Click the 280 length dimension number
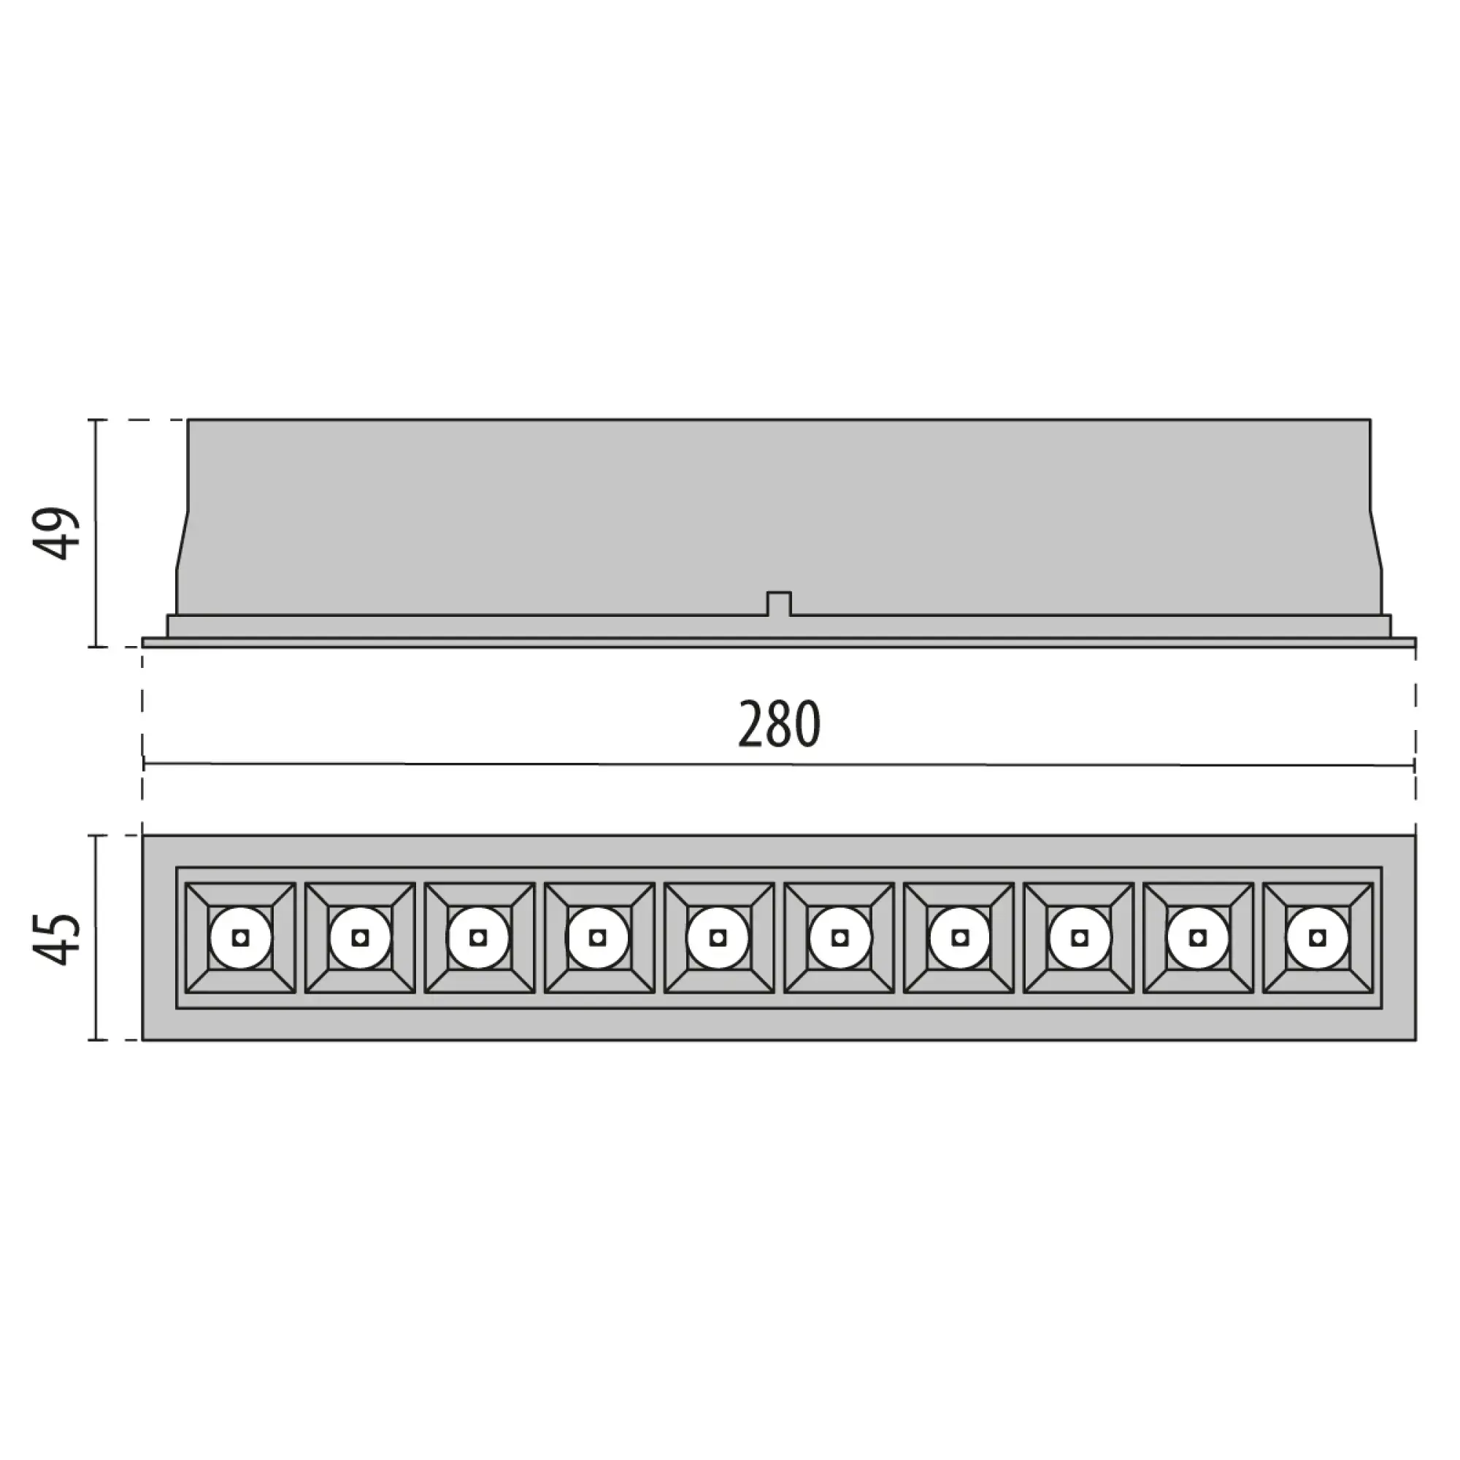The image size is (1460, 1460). (x=778, y=724)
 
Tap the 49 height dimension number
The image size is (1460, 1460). (x=59, y=534)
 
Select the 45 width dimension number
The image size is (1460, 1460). (x=59, y=939)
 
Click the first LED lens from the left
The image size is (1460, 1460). (x=240, y=938)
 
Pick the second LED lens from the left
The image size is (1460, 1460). (x=361, y=938)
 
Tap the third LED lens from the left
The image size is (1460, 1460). (x=477, y=938)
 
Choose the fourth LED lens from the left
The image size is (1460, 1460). (x=598, y=938)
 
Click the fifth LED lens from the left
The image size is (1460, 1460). (x=718, y=938)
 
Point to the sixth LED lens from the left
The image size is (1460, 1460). (x=839, y=938)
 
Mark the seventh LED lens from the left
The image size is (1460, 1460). (x=960, y=938)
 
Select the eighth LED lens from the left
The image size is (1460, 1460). (x=1080, y=938)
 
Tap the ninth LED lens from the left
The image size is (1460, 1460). (x=1198, y=938)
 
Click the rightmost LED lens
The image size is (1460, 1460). (x=1318, y=938)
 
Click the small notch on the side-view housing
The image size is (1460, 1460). (x=779, y=604)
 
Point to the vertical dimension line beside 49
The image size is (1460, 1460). (x=95, y=534)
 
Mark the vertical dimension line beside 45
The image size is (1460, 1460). (x=95, y=938)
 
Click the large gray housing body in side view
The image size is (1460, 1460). (x=778, y=514)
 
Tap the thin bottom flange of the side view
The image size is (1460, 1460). (x=778, y=642)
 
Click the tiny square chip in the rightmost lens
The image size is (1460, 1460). (x=1318, y=938)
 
